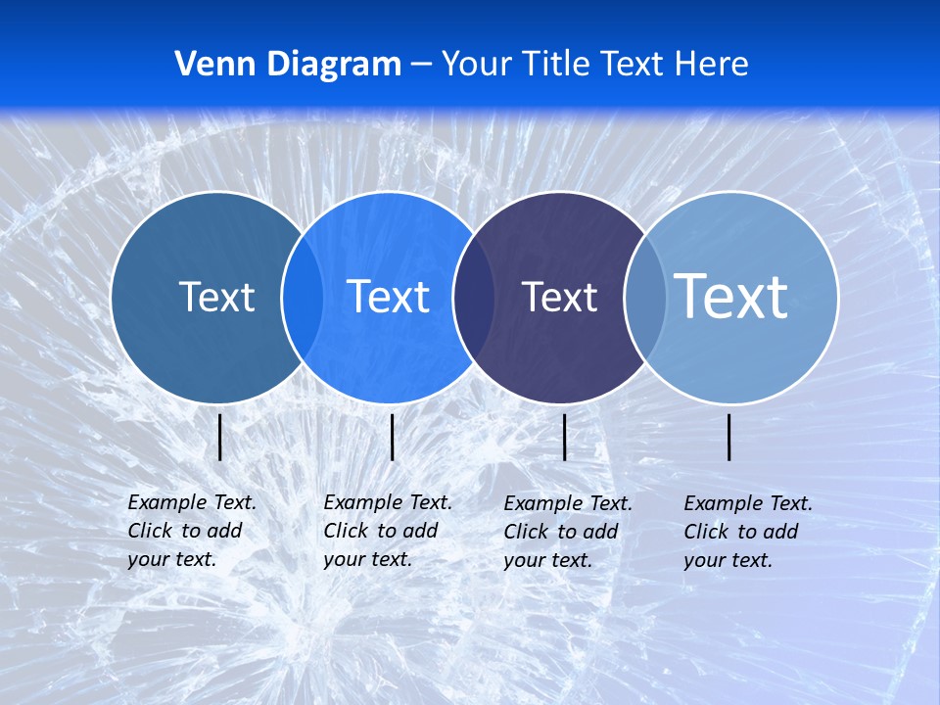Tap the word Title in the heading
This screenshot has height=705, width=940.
coord(556,65)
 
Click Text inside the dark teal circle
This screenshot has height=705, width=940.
coord(216,297)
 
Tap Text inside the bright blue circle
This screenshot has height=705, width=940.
coord(389,297)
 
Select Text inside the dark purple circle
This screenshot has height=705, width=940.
coord(559,297)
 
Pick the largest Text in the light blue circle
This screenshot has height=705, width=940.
coord(731,296)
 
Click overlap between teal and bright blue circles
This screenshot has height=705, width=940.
coord(303,297)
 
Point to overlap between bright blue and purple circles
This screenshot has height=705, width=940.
coord(474,297)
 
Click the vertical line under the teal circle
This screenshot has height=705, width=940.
coord(220,437)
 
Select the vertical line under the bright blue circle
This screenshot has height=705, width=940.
coord(392,437)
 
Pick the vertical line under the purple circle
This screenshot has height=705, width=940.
coord(564,437)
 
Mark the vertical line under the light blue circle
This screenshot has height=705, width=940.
coord(729,437)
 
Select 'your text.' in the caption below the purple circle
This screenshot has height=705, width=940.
coord(547,560)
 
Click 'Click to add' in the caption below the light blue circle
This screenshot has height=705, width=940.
coord(740,532)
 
